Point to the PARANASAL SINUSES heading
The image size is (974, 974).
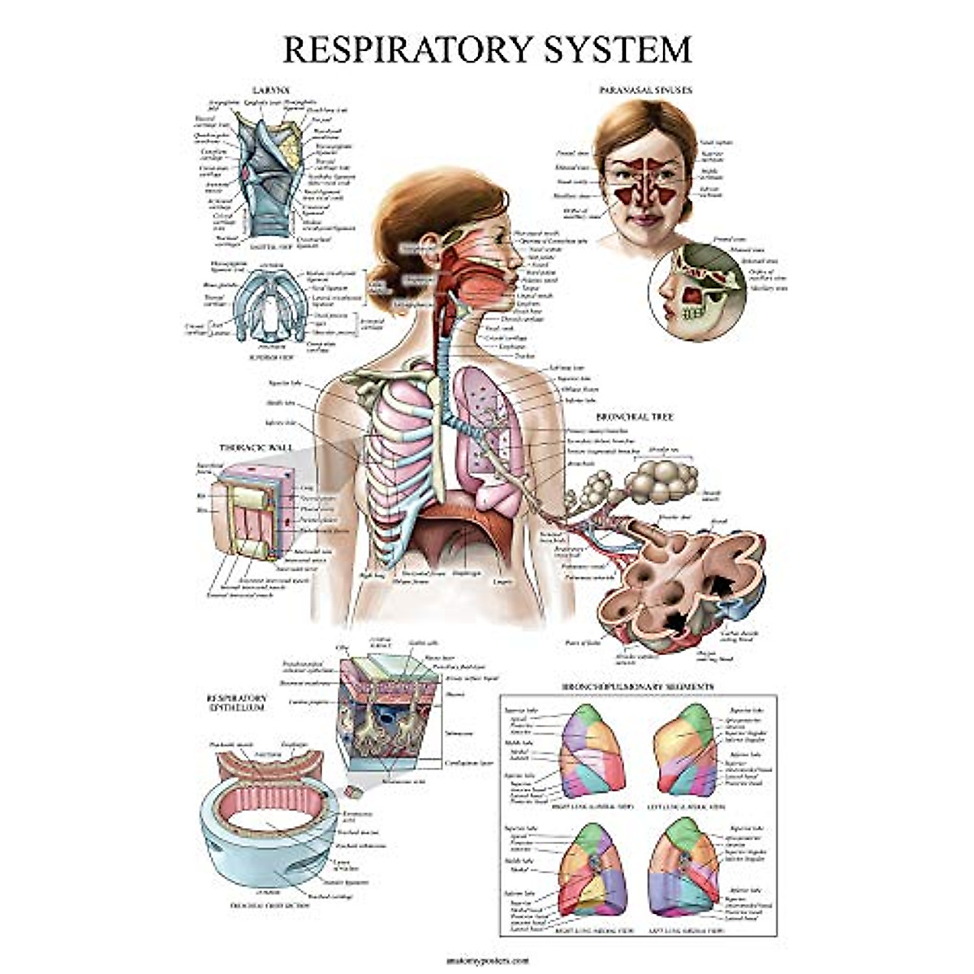[x=644, y=90]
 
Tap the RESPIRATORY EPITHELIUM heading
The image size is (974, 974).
[x=236, y=702]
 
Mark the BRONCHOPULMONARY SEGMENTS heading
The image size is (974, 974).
[x=638, y=687]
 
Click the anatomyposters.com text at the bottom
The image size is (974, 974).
[x=486, y=959]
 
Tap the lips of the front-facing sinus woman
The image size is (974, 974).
[x=644, y=218]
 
